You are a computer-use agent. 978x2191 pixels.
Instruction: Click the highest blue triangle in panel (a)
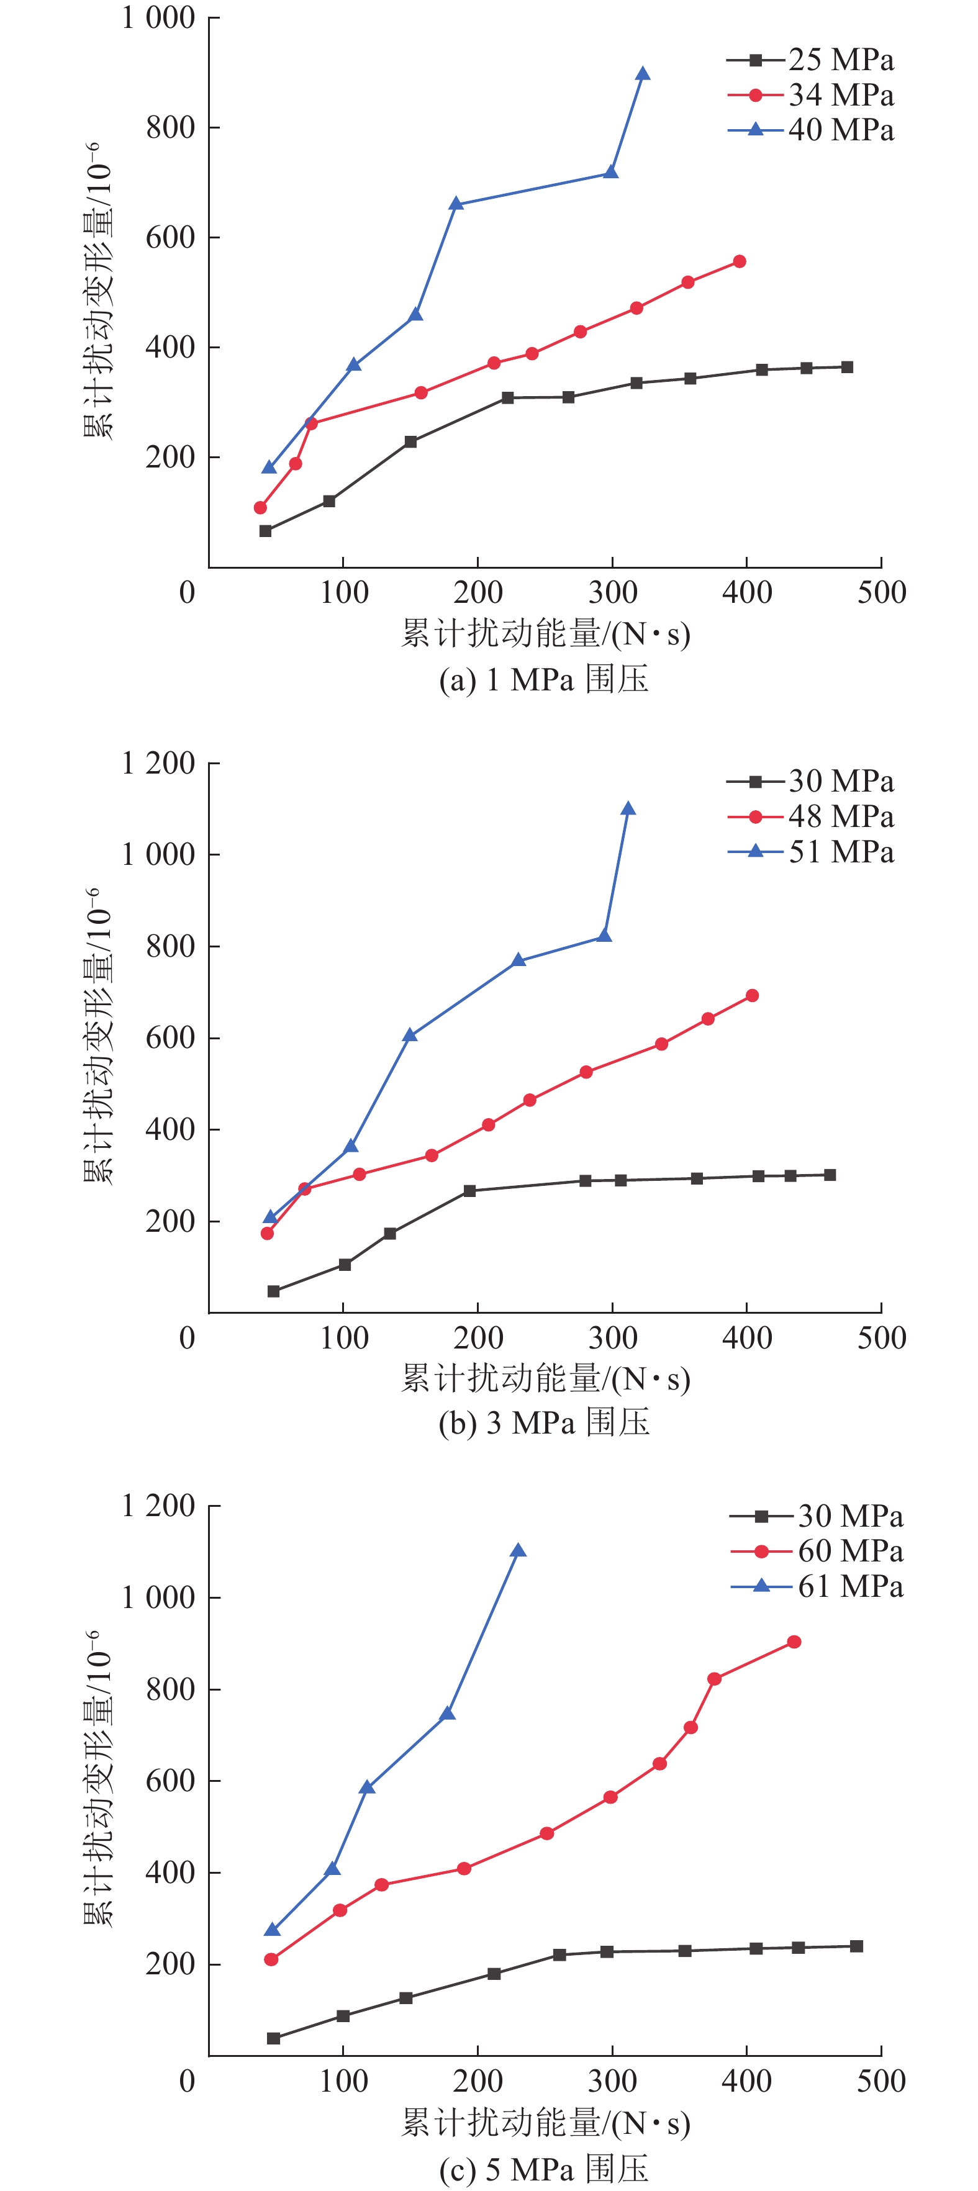pos(643,74)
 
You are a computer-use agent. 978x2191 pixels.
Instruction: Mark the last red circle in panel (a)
pos(739,261)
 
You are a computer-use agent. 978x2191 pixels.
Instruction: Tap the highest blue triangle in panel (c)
pos(518,1550)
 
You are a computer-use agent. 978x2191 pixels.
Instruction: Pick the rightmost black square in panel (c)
pos(856,1946)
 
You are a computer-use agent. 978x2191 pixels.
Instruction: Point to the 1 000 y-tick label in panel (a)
pos(159,18)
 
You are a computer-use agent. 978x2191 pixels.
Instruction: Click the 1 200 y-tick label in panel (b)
pos(159,763)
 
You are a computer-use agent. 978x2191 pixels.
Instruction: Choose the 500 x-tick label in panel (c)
pos(881,2081)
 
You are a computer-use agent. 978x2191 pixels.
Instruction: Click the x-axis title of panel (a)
pos(545,634)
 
